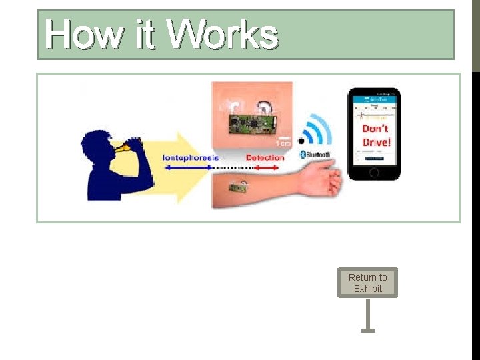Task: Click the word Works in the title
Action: (x=223, y=35)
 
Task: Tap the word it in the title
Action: (x=145, y=35)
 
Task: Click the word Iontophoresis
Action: (x=191, y=158)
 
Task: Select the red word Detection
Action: (x=265, y=158)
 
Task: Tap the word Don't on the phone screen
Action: (x=375, y=128)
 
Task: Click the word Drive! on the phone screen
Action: (x=376, y=142)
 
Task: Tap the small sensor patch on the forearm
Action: (x=236, y=188)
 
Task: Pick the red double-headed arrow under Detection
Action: (x=265, y=167)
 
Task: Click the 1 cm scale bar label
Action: (x=283, y=143)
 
